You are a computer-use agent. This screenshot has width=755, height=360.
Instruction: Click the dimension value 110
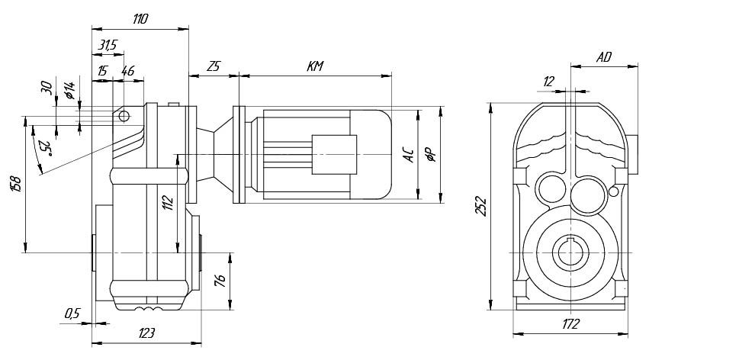140,20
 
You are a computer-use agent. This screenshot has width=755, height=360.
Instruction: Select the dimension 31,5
108,46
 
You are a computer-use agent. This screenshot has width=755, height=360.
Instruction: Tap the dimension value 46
127,71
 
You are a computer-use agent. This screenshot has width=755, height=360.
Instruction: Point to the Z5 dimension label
213,66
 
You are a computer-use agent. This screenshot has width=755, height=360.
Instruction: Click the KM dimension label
315,66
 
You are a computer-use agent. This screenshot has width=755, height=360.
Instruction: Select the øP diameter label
431,156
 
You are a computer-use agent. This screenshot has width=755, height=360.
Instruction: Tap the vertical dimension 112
169,203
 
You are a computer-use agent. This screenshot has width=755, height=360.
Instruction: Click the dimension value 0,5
72,313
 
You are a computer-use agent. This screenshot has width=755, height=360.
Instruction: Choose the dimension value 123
146,333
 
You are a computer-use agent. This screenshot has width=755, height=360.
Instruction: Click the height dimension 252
481,205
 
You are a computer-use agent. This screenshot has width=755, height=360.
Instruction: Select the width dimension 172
570,324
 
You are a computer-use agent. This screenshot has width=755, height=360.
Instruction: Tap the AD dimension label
604,57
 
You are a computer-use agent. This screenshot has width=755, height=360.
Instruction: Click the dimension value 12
549,82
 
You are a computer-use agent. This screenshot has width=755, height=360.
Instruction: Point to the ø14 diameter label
69,92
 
